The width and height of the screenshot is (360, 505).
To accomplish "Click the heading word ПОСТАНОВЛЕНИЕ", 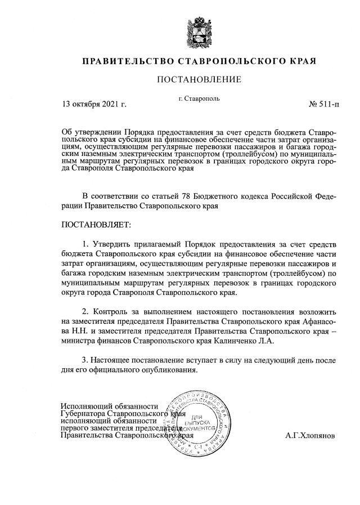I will point(199,79).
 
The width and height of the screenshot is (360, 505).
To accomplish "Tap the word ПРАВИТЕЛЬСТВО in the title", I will point(128,60).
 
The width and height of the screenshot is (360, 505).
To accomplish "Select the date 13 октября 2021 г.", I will point(94,104).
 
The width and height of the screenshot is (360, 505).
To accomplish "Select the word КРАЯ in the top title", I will point(299,60).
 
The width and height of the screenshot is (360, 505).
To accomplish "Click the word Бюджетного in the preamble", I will point(216,196).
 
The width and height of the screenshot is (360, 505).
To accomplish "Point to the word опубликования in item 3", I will point(169,370).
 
